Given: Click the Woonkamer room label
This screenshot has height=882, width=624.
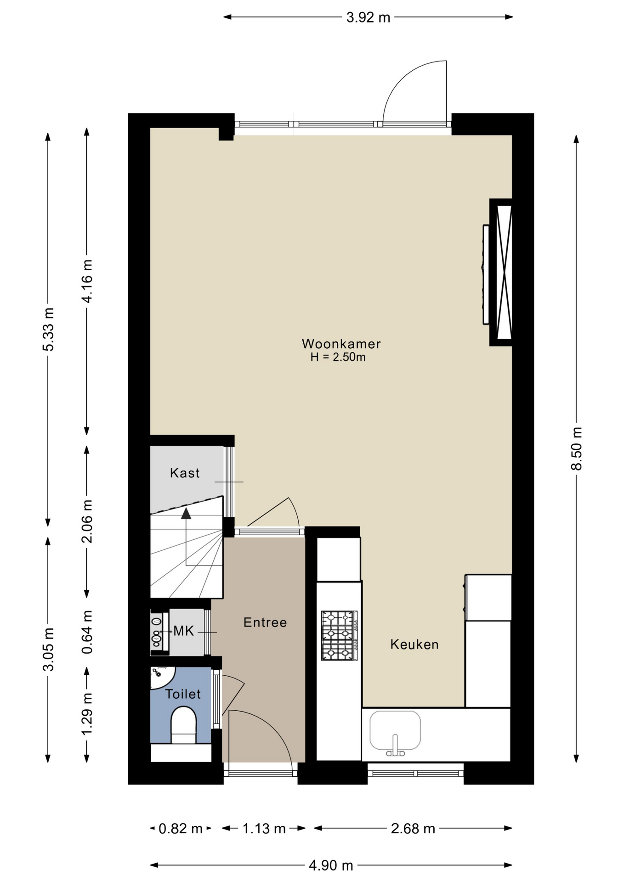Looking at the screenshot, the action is tap(341, 344).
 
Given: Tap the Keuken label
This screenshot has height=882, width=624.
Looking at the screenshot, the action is tap(414, 645).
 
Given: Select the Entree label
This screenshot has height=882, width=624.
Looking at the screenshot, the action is tap(265, 622).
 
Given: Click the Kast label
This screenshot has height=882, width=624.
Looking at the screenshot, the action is tap(185, 473).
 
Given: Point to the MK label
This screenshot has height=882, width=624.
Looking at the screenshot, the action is tap(183, 631).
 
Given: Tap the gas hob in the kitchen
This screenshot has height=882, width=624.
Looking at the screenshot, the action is tap(339, 636).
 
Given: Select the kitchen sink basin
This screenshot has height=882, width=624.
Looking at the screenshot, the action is tap(395, 730).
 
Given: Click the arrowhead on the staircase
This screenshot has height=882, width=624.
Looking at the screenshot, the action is tap(186, 513).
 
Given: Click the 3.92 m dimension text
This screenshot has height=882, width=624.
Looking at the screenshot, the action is tap(368, 17).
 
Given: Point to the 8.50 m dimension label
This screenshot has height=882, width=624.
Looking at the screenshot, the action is tap(576, 449).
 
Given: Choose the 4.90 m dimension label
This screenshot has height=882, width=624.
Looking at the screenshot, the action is tap(331, 865).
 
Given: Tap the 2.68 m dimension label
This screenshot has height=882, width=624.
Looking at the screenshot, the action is tap(413, 828).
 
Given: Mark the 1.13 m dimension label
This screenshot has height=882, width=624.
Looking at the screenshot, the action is tap(264, 828).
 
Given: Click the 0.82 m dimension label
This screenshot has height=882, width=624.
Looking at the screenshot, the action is tap(181, 828).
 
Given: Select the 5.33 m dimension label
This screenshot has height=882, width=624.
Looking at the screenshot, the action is tap(48, 330).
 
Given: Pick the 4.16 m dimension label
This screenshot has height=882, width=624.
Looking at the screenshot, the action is tap(87, 281).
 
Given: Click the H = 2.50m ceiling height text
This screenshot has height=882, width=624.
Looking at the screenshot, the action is tap(338, 357).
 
